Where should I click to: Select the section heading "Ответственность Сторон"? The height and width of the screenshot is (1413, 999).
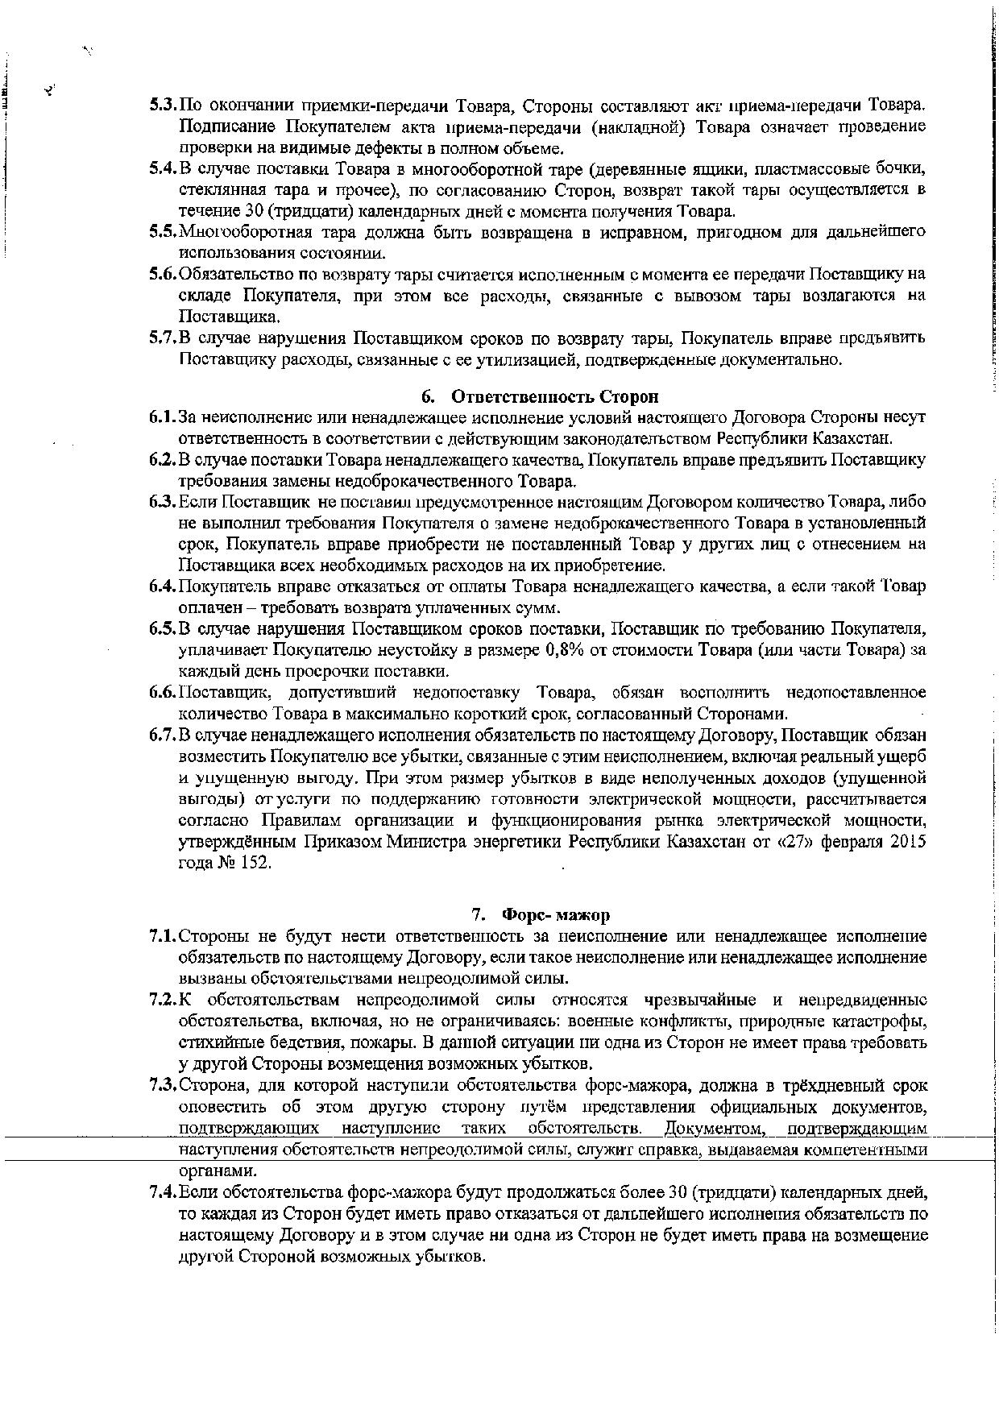click(554, 396)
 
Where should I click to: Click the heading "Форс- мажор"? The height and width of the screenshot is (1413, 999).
click(555, 915)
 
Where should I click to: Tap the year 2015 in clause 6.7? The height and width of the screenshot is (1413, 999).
click(910, 842)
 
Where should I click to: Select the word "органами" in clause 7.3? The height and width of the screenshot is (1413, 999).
click(208, 1171)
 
